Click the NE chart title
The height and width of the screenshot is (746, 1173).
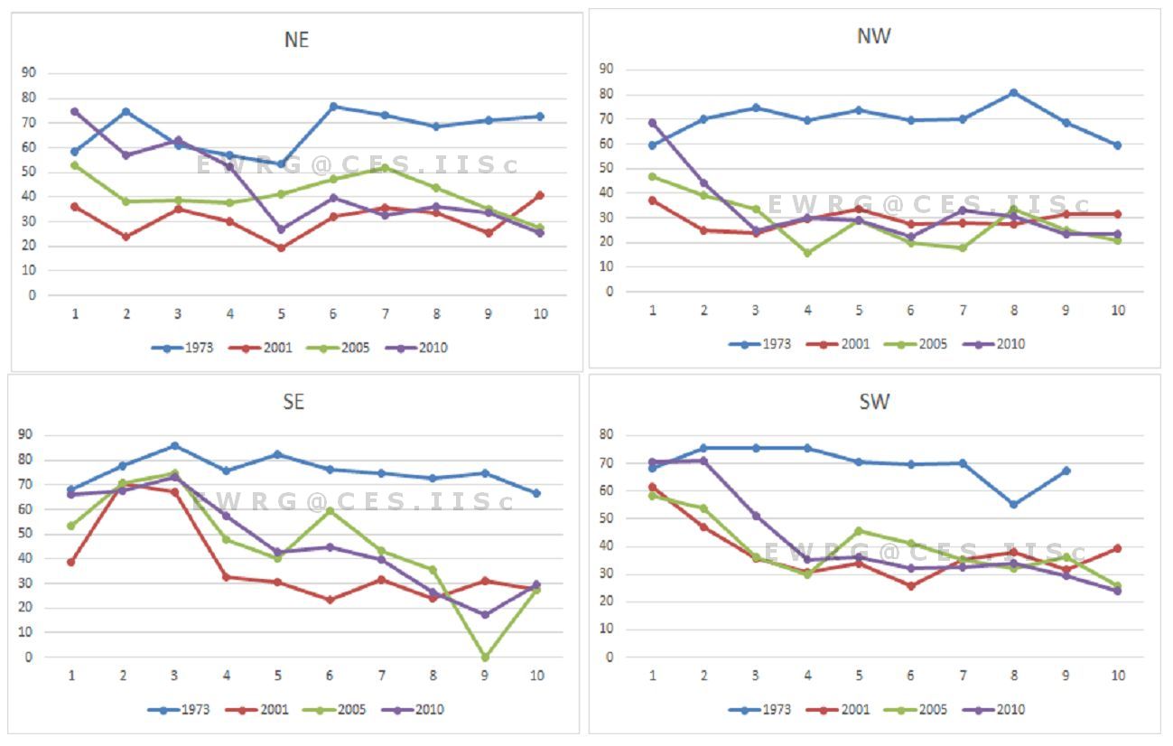(x=296, y=41)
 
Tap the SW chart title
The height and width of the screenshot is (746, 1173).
(x=874, y=402)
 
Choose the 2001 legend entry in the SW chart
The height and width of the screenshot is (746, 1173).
(x=845, y=710)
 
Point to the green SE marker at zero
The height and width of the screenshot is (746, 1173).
(x=486, y=657)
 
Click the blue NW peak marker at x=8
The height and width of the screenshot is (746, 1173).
(x=1013, y=93)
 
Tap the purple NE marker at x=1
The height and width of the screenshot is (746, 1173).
(x=74, y=112)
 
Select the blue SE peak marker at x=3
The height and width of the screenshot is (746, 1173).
(x=174, y=445)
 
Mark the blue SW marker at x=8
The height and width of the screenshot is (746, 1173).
(x=1013, y=504)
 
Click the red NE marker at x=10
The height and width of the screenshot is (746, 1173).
(x=540, y=195)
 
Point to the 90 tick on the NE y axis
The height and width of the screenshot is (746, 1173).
(x=30, y=73)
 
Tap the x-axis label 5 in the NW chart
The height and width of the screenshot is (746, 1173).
(x=859, y=310)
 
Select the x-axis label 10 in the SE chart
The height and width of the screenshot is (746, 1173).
(x=536, y=676)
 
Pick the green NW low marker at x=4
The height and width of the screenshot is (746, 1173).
(x=807, y=253)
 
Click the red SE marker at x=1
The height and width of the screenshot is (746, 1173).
(x=70, y=562)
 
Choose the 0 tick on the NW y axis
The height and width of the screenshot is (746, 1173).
(x=610, y=292)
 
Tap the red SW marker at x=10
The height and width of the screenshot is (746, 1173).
(x=1117, y=548)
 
